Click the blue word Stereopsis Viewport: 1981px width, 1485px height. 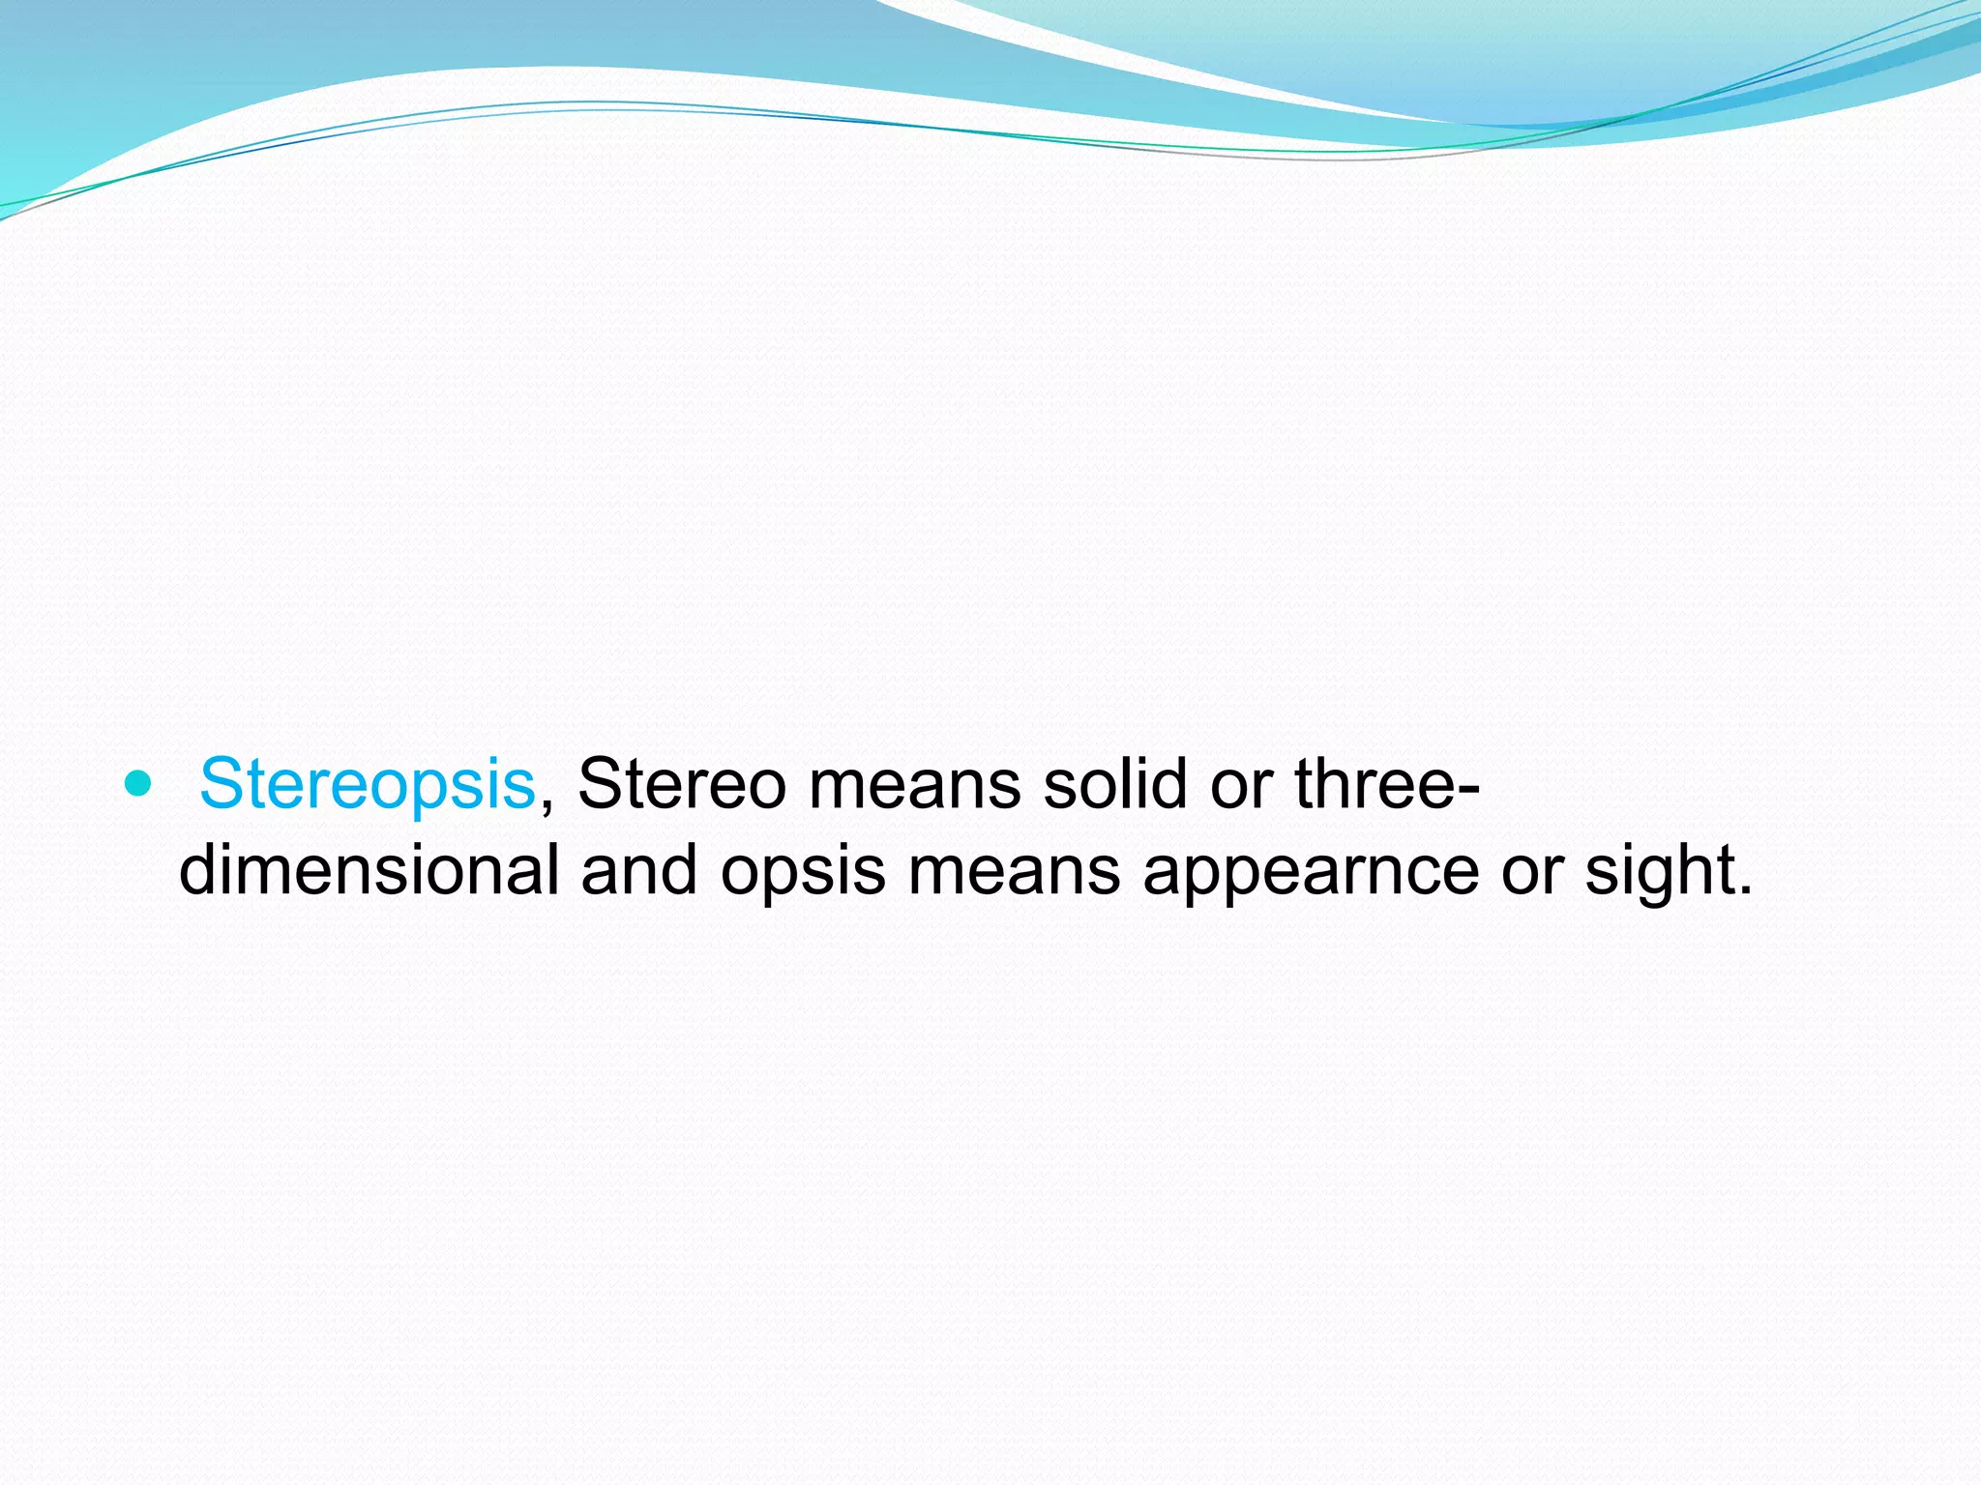[367, 783]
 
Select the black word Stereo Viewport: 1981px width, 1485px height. [681, 783]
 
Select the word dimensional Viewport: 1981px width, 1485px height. [369, 869]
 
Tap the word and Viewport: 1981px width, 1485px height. [638, 869]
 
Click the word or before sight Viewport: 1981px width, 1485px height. [1531, 871]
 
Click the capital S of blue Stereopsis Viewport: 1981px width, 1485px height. [220, 783]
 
